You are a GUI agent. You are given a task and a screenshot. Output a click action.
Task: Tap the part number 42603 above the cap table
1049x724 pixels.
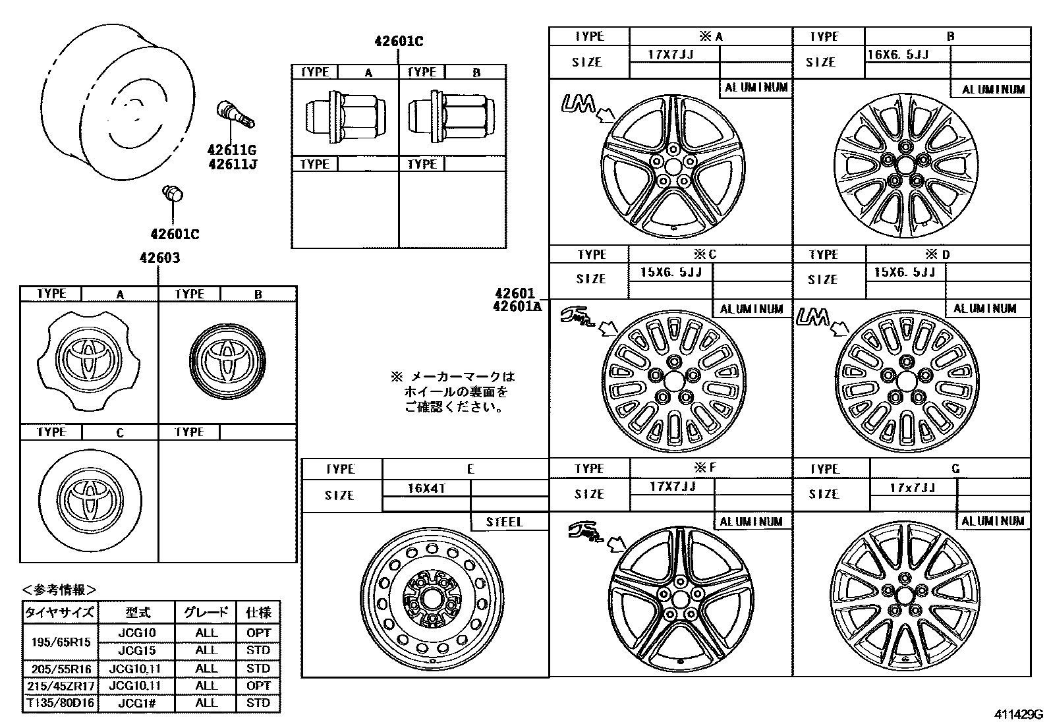[x=159, y=258]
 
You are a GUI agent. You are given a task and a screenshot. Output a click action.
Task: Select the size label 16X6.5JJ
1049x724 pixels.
[x=897, y=55]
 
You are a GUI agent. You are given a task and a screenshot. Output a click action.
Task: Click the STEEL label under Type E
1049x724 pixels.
[x=505, y=522]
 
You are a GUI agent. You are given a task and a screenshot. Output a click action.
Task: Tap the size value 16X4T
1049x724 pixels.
[x=426, y=488]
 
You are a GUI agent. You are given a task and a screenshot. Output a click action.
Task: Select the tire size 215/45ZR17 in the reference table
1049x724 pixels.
[x=60, y=685]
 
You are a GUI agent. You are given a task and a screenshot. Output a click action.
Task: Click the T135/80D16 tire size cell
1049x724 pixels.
[x=60, y=703]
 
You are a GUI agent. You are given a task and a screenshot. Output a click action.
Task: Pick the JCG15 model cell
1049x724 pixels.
[x=136, y=650]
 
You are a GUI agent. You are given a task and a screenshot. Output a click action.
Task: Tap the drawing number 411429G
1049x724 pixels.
[x=1019, y=714]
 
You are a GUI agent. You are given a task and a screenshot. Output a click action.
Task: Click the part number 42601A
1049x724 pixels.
[x=517, y=305]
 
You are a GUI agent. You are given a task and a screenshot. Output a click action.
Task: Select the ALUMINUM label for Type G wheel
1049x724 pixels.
[x=993, y=521]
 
